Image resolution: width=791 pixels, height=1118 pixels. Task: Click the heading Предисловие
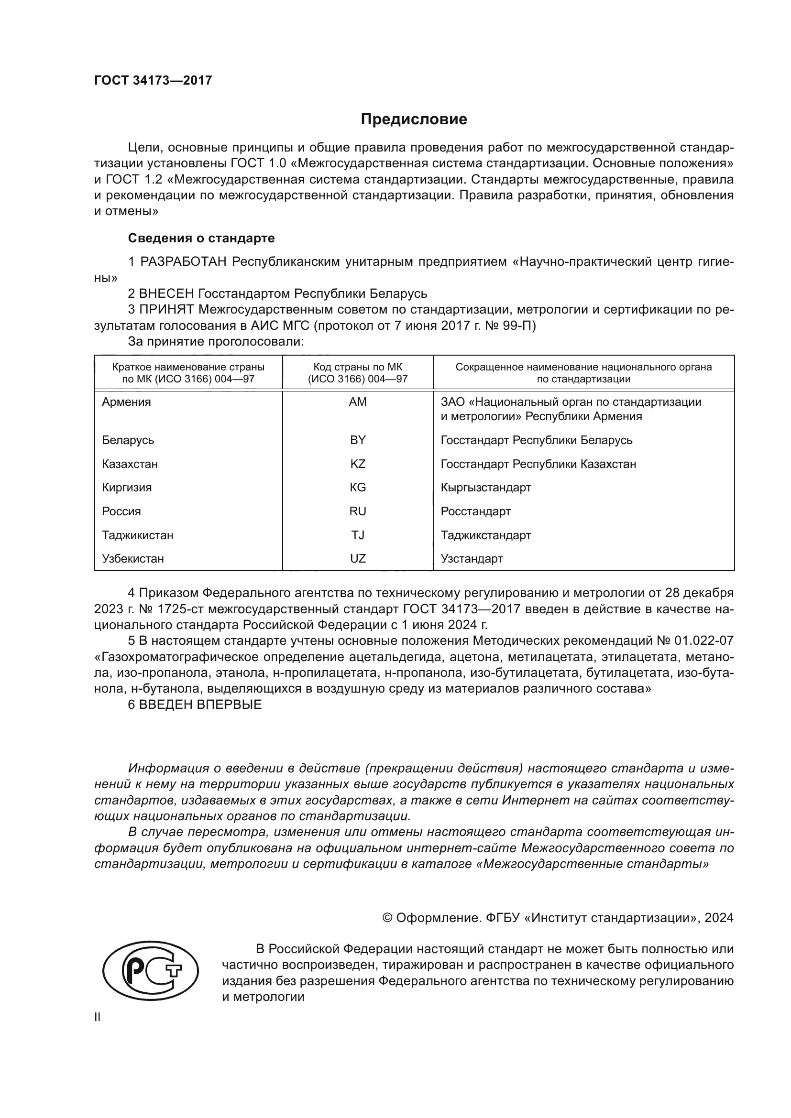pos(414,119)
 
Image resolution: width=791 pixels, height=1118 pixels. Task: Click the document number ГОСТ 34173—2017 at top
pos(153,80)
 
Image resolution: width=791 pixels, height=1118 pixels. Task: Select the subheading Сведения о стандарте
pos(201,238)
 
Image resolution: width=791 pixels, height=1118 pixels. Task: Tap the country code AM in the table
pos(358,402)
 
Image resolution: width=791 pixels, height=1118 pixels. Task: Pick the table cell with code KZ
pos(358,464)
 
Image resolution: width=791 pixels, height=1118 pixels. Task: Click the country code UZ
pos(358,558)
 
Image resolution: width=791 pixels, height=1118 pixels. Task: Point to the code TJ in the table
pos(358,535)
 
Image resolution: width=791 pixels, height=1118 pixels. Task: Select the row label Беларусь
pos(128,440)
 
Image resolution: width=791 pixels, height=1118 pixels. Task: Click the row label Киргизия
pos(127,488)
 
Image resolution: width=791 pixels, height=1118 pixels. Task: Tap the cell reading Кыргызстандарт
pos(485,488)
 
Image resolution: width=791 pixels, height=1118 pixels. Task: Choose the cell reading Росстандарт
pos(475,511)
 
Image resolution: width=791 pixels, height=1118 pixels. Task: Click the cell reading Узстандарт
pos(472,558)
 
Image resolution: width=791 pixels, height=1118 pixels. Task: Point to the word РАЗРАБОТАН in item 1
pos(184,262)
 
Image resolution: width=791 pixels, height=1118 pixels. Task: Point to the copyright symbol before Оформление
pos(388,918)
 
